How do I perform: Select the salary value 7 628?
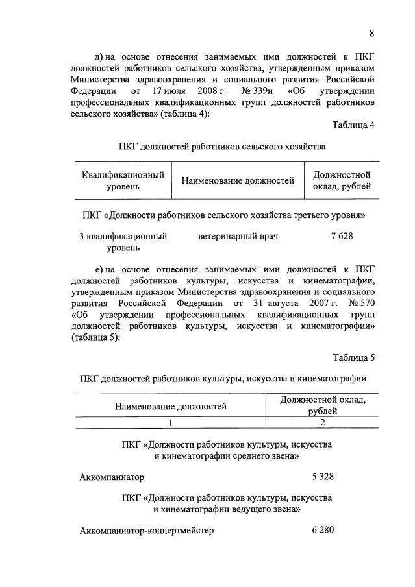(342, 237)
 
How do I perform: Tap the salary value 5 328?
(323, 477)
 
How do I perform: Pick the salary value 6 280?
(323, 530)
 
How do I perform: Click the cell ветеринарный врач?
(238, 237)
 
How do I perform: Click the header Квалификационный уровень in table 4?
(123, 181)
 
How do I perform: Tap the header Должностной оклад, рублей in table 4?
(342, 181)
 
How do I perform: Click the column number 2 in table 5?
(323, 423)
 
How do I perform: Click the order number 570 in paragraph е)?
(362, 303)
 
